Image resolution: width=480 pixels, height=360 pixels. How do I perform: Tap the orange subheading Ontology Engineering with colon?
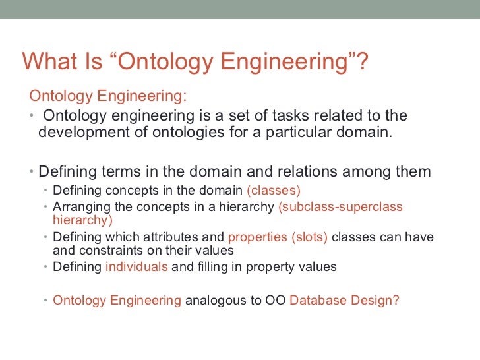tap(109, 96)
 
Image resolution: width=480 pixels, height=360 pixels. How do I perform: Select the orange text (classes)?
tap(273, 191)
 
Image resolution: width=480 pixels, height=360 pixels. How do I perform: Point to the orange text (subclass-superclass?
tap(340, 207)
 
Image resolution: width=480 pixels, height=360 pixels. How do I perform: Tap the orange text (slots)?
tap(309, 237)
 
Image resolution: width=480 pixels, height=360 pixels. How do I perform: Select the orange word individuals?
tap(136, 267)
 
